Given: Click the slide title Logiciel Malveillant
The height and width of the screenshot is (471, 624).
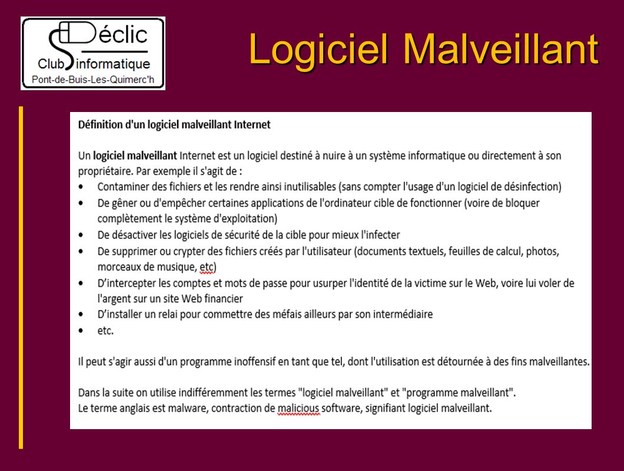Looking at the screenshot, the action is [x=423, y=49].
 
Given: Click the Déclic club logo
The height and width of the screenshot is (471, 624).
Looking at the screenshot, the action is [x=93, y=54].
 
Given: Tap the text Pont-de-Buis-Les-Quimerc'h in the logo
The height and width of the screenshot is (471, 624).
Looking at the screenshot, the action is [x=93, y=80].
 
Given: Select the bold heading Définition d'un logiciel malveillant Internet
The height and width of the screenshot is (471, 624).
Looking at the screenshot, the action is [x=174, y=125].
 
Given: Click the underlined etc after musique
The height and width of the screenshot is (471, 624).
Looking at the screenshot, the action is [x=207, y=267].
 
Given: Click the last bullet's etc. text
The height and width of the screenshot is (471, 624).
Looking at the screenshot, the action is [x=105, y=331].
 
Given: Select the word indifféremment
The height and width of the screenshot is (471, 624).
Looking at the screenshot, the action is [x=213, y=393].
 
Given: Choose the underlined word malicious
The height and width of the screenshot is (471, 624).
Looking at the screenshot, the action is [x=298, y=409].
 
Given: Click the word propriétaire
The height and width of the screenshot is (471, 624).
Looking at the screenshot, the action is [x=105, y=172].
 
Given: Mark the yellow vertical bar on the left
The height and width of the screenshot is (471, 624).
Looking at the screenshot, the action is [x=21, y=278].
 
